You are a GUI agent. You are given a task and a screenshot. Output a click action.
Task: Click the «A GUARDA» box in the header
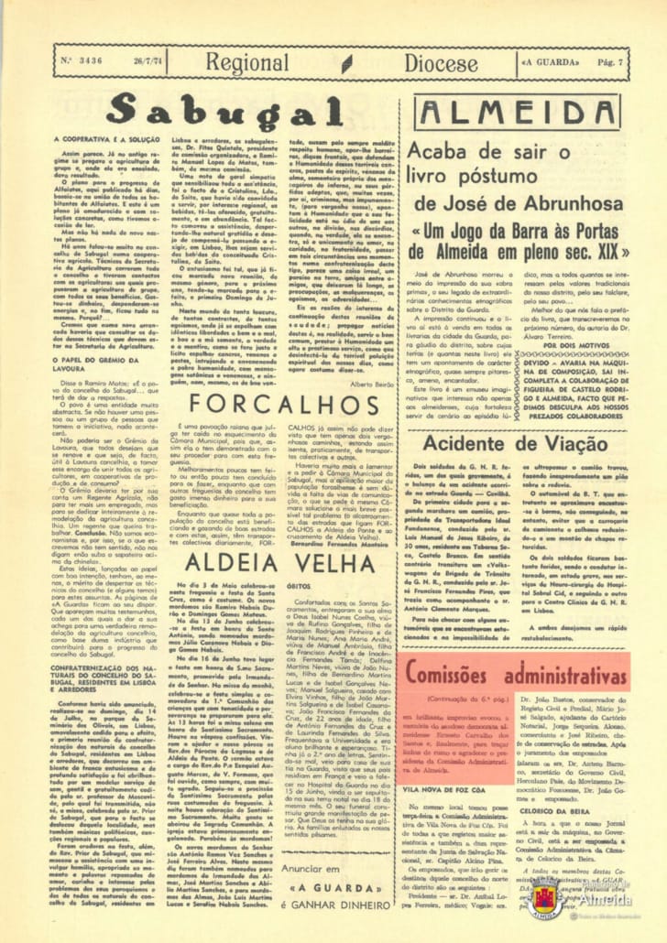click(549, 62)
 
